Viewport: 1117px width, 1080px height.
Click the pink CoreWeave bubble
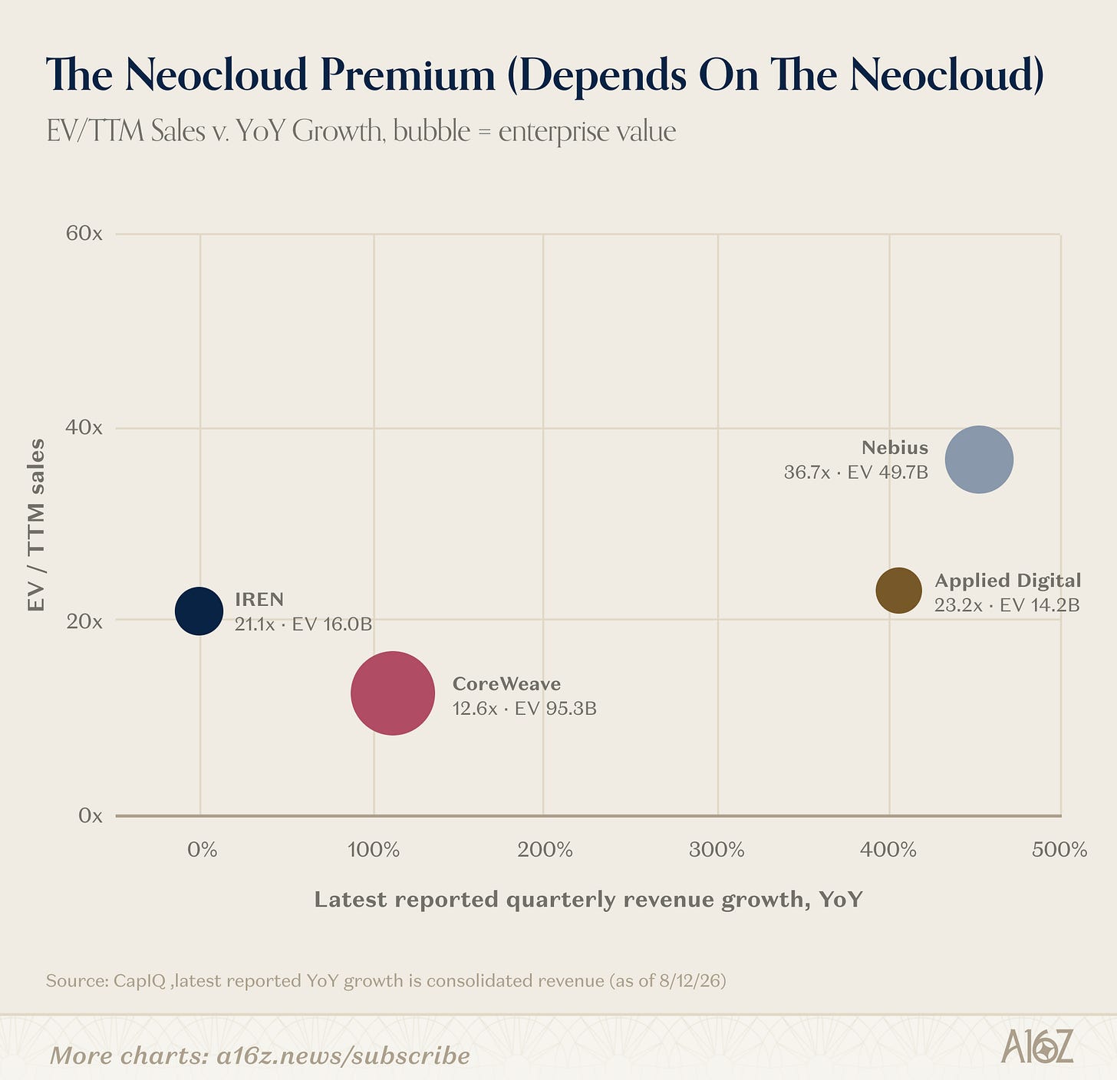pos(393,693)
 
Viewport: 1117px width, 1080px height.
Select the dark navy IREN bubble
pos(199,611)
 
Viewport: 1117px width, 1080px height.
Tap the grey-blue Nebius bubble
pos(979,459)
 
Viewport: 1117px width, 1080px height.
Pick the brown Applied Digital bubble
pos(899,591)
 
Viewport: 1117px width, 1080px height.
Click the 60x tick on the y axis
pos(84,233)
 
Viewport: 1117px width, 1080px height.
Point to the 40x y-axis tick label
pos(84,427)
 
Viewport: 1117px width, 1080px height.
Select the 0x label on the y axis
pos(90,815)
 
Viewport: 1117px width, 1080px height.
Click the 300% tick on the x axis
pos(717,849)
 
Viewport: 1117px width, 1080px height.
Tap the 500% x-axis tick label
pos(1059,849)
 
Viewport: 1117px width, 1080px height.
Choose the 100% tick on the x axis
pos(373,849)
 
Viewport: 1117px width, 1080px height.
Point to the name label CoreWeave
pos(507,683)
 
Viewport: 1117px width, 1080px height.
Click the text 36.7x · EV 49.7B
pos(856,472)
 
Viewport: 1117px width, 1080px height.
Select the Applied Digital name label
pos(1008,581)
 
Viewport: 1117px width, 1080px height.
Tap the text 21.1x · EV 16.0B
pos(303,624)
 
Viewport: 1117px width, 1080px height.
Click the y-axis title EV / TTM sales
pos(36,525)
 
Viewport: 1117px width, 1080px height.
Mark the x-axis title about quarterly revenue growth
pos(588,900)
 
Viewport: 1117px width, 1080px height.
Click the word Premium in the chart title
pos(407,74)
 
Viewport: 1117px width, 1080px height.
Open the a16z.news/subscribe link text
pos(343,1055)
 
